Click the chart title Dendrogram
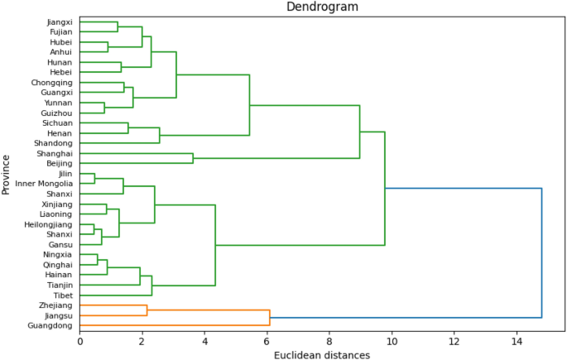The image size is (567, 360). pyautogui.click(x=323, y=7)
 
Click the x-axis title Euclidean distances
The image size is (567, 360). pyautogui.click(x=322, y=354)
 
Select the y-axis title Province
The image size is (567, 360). pyautogui.click(x=7, y=174)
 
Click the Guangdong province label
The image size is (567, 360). pyautogui.click(x=50, y=326)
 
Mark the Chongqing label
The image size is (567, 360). pyautogui.click(x=51, y=83)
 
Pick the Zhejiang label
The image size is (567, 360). pyautogui.click(x=55, y=305)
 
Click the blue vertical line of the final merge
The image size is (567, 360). pyautogui.click(x=541, y=252)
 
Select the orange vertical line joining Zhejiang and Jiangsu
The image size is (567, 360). pyautogui.click(x=147, y=310)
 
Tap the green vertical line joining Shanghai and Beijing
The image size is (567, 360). pyautogui.click(x=193, y=158)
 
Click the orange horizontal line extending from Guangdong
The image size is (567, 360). pyautogui.click(x=174, y=326)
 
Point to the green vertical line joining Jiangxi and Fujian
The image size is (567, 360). pyautogui.click(x=118, y=26)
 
